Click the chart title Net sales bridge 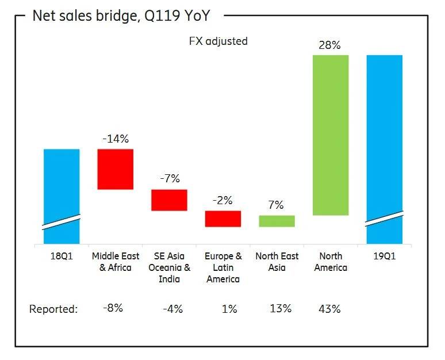tap(121, 16)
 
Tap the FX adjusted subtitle tap(218, 41)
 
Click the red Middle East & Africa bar tap(116, 169)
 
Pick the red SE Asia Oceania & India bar tap(169, 200)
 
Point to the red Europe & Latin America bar tap(223, 219)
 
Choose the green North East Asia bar tap(277, 221)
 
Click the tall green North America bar tap(331, 135)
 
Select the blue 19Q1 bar tap(384, 144)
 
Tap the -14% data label tap(115, 139)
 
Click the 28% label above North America tap(329, 45)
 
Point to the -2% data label tap(222, 201)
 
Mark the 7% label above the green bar tap(277, 205)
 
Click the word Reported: tap(53, 309)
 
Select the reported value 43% tap(329, 309)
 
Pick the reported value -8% tap(113, 309)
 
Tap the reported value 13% tap(281, 309)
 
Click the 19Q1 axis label tap(384, 256)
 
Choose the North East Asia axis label tap(277, 262)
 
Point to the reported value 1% tap(229, 309)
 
